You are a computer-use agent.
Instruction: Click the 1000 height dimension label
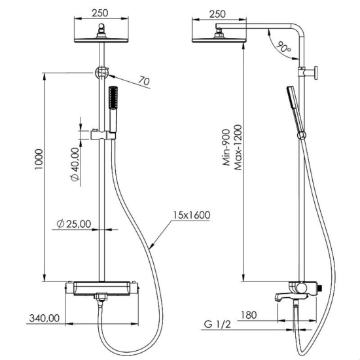pyautogui.click(x=39, y=159)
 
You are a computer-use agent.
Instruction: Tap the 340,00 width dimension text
pyautogui.click(x=45, y=318)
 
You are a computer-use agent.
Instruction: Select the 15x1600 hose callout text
pyautogui.click(x=192, y=215)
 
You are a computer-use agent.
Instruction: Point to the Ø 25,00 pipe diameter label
pyautogui.click(x=74, y=224)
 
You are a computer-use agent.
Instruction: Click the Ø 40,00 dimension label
pyautogui.click(x=75, y=164)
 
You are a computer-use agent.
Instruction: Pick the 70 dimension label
pyautogui.click(x=144, y=81)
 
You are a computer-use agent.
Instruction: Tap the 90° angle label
pyautogui.click(x=283, y=48)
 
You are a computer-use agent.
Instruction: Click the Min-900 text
pyautogui.click(x=226, y=147)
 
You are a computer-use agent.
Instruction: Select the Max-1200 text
pyautogui.click(x=238, y=147)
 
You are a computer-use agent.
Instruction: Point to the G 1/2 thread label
pyautogui.click(x=217, y=325)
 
